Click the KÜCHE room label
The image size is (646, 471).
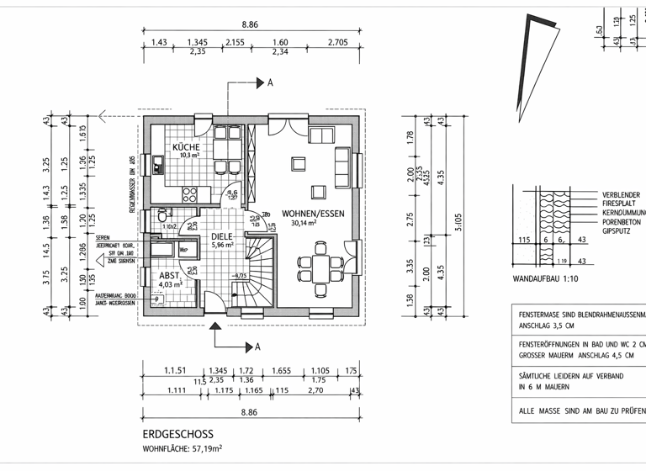186,147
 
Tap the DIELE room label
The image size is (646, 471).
222,236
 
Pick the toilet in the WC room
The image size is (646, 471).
161,218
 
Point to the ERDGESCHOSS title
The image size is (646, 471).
177,435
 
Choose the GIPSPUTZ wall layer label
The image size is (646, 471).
617,230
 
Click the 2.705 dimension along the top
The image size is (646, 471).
338,42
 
